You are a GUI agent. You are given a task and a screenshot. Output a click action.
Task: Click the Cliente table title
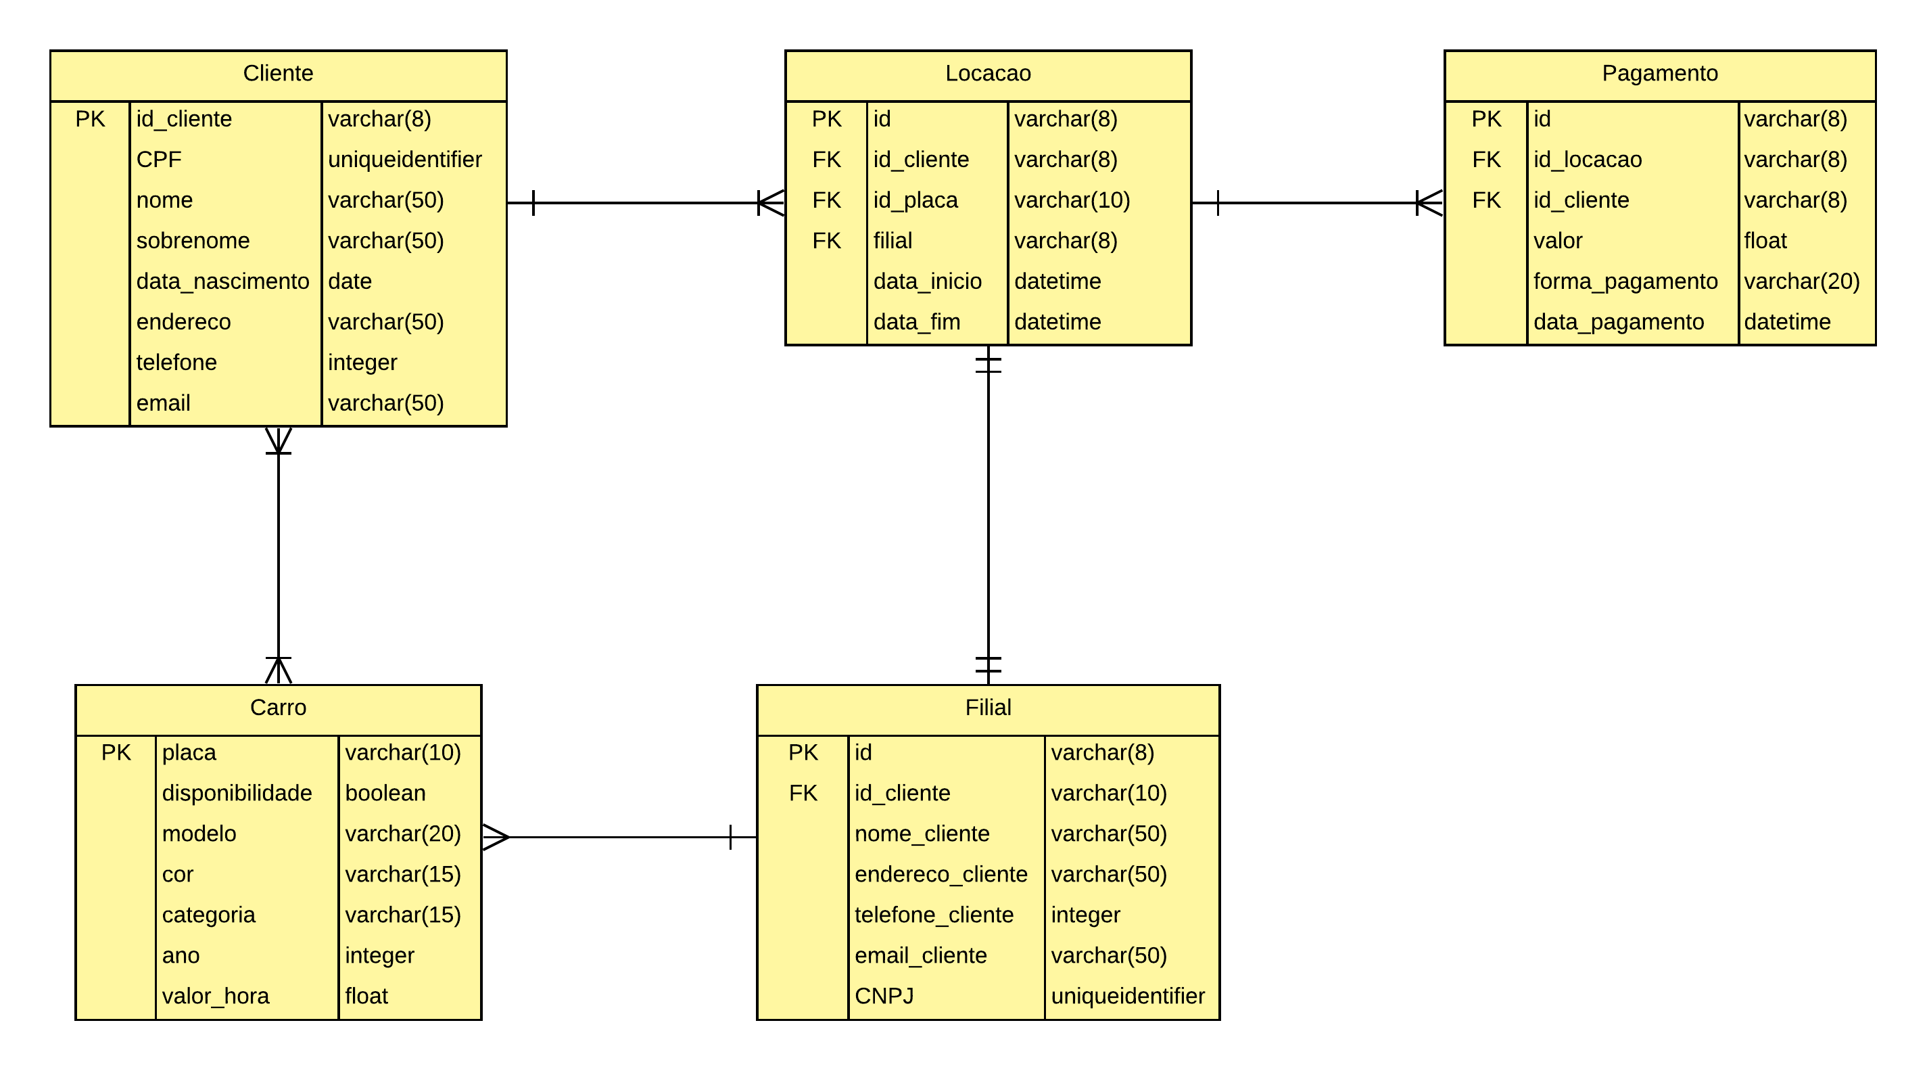pos(277,73)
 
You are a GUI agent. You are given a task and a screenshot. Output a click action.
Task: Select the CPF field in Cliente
pos(159,160)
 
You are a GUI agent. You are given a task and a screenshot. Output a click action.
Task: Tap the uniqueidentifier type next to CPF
pos(405,160)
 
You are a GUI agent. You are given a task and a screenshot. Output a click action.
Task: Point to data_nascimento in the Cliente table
pos(222,281)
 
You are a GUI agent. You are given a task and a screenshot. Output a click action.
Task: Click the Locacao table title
pos(987,73)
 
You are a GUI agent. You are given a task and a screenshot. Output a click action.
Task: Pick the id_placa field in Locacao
pos(915,200)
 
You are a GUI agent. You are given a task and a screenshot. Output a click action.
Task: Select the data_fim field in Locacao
pos(916,322)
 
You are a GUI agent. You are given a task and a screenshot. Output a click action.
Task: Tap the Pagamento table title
pos(1659,73)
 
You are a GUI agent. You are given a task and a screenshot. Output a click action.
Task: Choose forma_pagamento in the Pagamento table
pos(1625,281)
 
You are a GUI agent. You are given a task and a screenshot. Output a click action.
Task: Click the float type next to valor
pos(1765,241)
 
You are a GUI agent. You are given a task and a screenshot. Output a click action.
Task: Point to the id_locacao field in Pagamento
pos(1587,160)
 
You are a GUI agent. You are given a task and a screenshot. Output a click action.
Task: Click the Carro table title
pos(277,707)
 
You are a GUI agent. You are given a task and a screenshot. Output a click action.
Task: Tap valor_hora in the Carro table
pos(216,996)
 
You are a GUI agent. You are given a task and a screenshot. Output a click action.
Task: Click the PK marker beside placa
pos(116,752)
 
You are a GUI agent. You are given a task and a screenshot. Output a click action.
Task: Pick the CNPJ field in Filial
pos(884,996)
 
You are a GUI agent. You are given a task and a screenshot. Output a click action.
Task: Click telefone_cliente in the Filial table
pos(934,915)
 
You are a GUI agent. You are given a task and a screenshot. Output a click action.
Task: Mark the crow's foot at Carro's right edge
pos(495,837)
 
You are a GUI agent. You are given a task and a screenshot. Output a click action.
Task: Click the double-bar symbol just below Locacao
pos(987,365)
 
